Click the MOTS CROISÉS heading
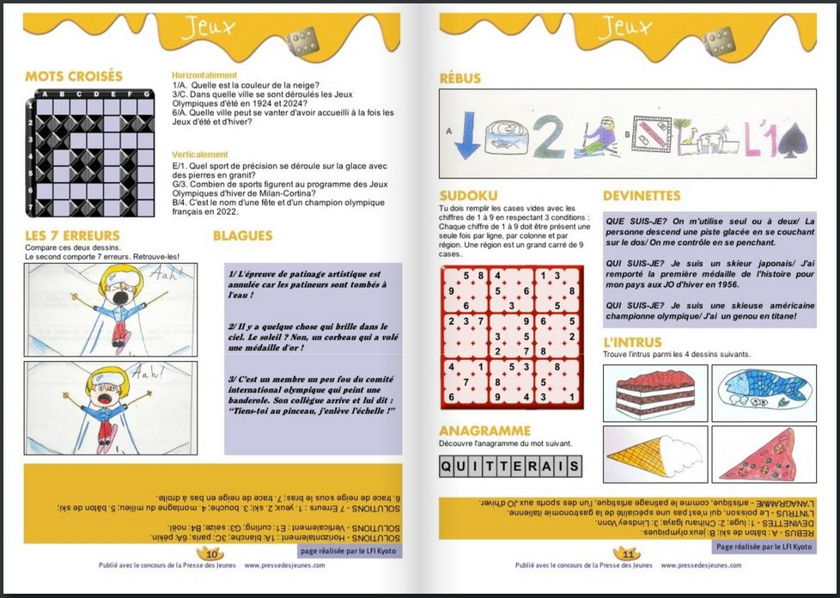point(74,76)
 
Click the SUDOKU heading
point(468,196)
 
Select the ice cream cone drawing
point(654,452)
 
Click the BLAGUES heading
point(242,235)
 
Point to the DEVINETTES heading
point(642,196)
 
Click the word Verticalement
point(200,155)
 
